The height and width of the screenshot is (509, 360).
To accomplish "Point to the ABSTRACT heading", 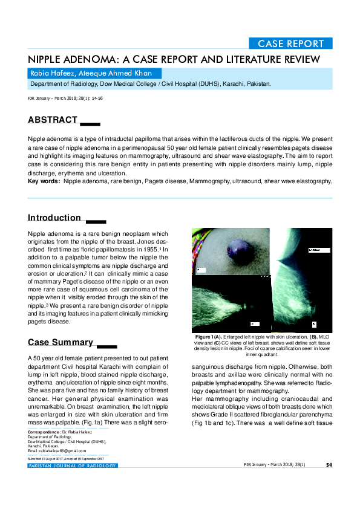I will [x=53, y=120].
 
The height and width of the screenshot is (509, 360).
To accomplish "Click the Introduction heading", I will [x=54, y=218].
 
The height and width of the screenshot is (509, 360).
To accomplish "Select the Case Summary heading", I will [x=61, y=343].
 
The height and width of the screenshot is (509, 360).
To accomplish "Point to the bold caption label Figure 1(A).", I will [x=209, y=336].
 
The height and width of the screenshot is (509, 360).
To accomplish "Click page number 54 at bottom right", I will [x=329, y=465].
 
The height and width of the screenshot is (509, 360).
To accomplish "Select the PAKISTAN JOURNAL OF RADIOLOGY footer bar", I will [x=73, y=465].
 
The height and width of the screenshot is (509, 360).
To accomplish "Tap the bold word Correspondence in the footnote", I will [x=47, y=433].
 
